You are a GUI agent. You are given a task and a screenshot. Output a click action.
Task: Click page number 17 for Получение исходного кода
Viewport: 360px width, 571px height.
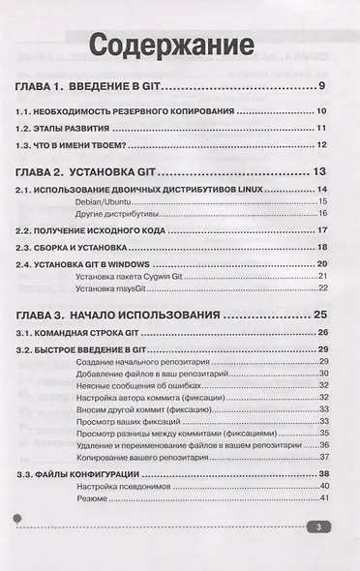click(324, 231)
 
